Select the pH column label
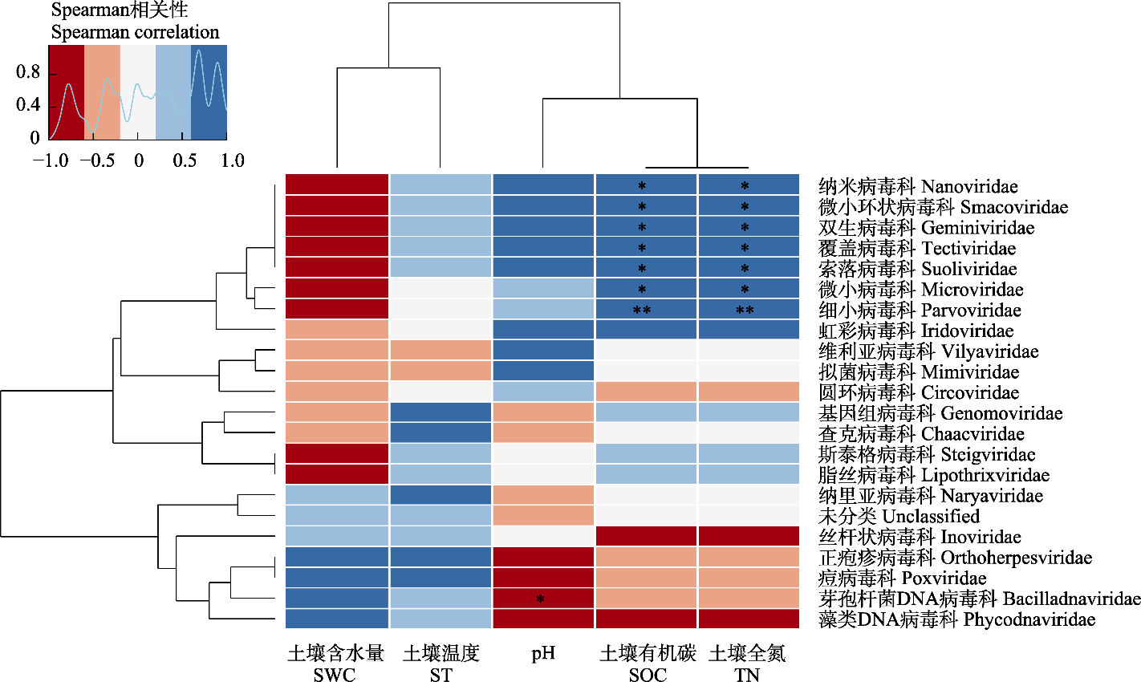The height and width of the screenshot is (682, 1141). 543,653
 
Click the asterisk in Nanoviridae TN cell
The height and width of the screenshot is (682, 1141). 745,187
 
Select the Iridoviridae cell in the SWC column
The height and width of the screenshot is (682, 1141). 337,331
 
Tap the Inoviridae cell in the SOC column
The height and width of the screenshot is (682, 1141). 647,537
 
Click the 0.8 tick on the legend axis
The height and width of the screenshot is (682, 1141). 28,73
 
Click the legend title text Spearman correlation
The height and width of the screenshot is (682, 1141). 135,33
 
